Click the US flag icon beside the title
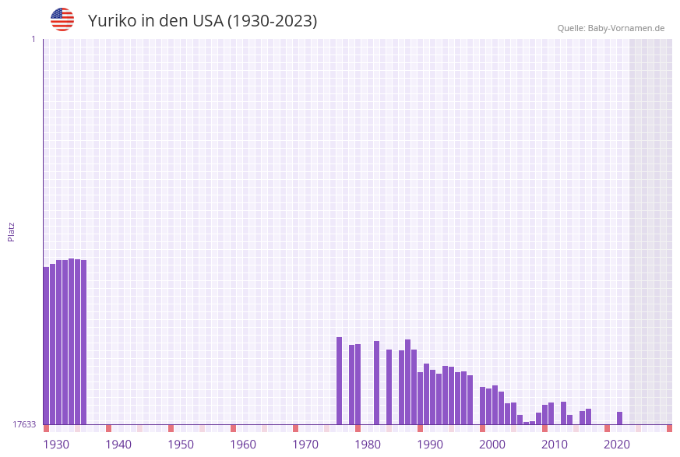click(x=62, y=19)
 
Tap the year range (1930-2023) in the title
click(x=272, y=21)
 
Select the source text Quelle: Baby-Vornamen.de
click(x=610, y=28)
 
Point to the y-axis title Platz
click(x=12, y=232)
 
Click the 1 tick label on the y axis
click(x=33, y=39)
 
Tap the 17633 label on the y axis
click(x=24, y=424)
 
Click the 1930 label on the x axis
click(x=56, y=445)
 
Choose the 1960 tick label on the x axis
click(x=243, y=445)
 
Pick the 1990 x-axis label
click(x=430, y=445)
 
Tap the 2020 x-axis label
click(x=617, y=445)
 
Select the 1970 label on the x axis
click(x=305, y=445)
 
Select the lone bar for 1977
click(x=339, y=381)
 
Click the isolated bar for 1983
click(x=376, y=382)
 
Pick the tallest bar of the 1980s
click(x=407, y=381)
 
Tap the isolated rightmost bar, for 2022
click(x=619, y=418)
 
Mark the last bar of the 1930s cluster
click(x=83, y=342)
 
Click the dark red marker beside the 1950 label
click(x=171, y=428)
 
